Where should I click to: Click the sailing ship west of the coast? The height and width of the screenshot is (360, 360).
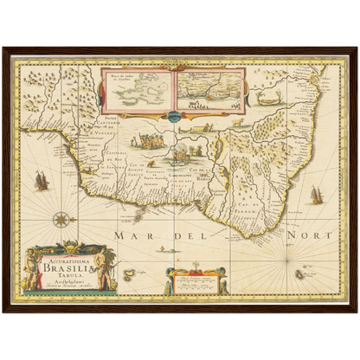(41, 182)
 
